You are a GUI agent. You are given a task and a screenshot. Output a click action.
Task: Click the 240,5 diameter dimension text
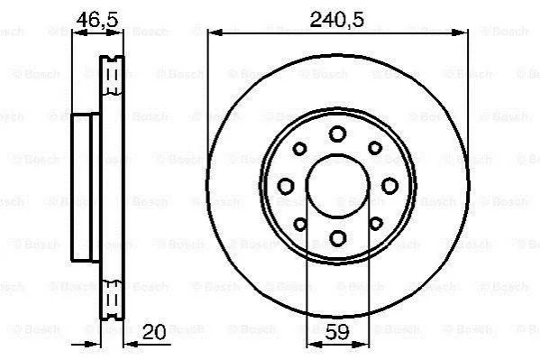tap(336, 19)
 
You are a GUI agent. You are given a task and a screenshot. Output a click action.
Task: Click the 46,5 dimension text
tap(97, 20)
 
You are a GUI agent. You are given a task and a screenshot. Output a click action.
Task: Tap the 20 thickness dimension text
tap(154, 332)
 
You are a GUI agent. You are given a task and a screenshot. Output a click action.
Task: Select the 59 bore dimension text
tap(337, 332)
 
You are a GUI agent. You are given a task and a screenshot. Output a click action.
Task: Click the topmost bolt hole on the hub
tap(337, 134)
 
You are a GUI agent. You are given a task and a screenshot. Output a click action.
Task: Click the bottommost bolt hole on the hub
tap(337, 238)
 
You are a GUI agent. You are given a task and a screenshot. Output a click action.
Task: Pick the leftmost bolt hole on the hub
tap(286, 186)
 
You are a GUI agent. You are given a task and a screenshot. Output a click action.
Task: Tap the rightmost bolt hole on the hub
tap(389, 186)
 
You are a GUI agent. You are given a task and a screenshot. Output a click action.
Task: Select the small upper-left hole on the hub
tap(299, 149)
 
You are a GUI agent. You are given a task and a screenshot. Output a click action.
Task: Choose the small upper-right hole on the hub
tap(375, 148)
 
